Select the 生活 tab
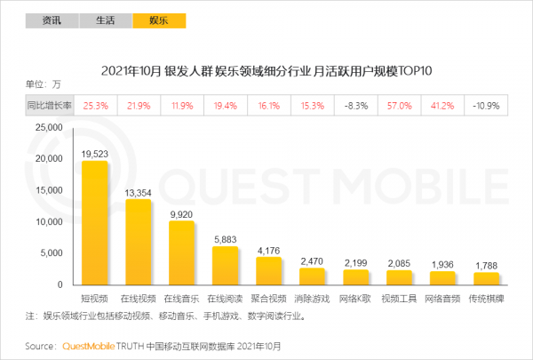click(104, 19)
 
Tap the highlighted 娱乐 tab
click(157, 19)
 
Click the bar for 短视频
click(95, 222)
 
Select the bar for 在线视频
click(138, 241)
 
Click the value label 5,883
click(225, 239)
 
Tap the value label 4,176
click(268, 250)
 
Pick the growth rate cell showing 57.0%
click(399, 105)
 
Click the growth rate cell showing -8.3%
click(355, 105)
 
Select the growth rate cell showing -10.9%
click(486, 105)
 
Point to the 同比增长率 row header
click(49, 105)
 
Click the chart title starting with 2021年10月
click(266, 70)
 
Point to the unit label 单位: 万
click(44, 84)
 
